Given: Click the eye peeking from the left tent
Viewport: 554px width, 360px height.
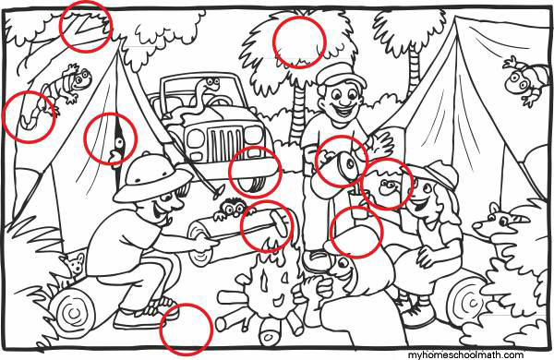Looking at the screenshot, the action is pos(120,142).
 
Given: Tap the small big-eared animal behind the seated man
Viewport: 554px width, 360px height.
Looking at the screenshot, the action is pos(75,265).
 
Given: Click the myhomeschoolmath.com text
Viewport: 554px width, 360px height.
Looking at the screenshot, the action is pos(465,354).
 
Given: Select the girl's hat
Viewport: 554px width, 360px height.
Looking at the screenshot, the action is pos(440,174).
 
